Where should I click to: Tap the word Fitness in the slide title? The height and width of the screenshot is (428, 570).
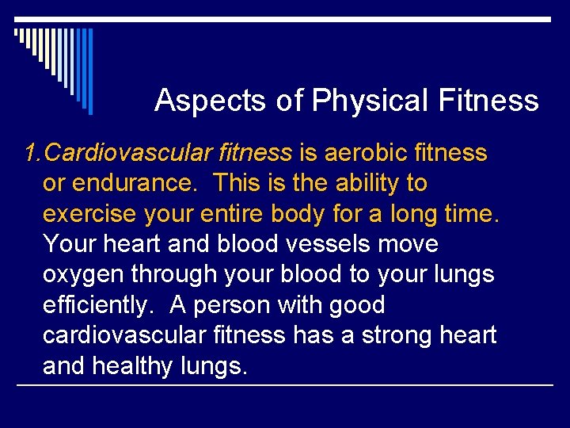(x=488, y=101)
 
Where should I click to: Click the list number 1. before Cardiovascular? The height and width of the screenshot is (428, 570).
(x=32, y=153)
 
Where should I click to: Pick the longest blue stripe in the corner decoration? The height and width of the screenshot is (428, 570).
(x=90, y=71)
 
